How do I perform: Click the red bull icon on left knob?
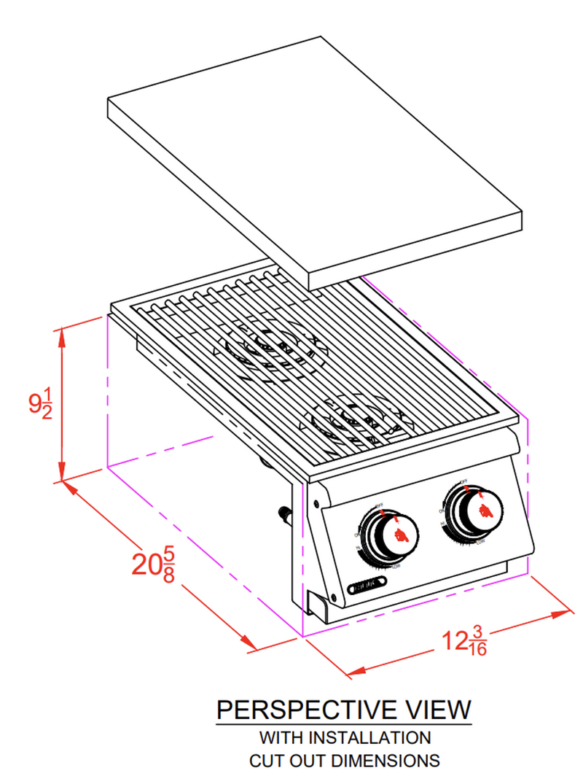tap(396, 538)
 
